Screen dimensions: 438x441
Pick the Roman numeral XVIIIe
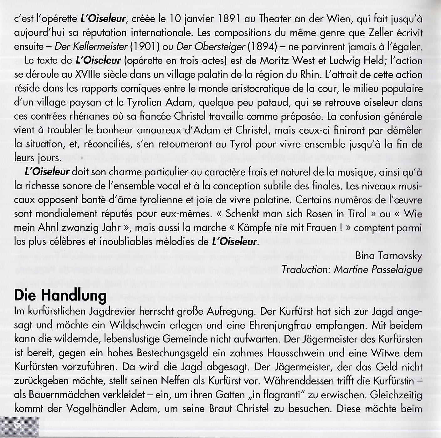pos(89,75)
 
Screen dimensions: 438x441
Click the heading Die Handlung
pos(60,296)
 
